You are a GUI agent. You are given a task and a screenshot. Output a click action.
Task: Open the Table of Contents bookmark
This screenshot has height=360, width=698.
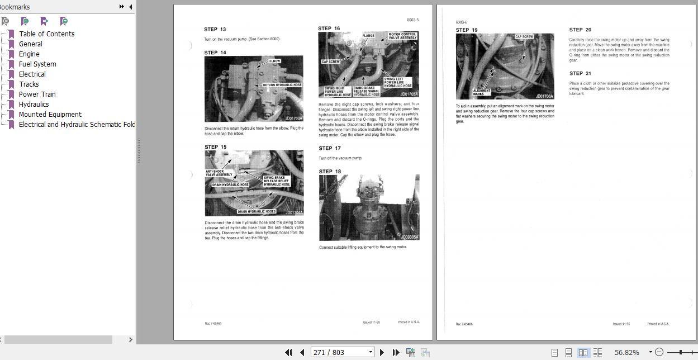tap(46, 34)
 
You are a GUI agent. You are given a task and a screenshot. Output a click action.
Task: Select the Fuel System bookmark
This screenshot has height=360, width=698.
tap(37, 64)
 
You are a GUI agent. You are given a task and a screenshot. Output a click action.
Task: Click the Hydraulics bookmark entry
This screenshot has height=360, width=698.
tap(34, 104)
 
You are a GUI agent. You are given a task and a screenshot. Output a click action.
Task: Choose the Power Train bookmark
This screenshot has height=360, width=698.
tap(37, 94)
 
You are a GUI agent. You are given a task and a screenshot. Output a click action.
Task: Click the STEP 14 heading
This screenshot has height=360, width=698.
tap(215, 53)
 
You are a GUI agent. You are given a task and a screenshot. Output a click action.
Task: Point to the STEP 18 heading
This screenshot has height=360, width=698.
tap(330, 172)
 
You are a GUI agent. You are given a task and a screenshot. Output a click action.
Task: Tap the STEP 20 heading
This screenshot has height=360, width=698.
tap(580, 30)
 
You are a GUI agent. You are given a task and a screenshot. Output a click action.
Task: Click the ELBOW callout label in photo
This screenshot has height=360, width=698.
tap(274, 61)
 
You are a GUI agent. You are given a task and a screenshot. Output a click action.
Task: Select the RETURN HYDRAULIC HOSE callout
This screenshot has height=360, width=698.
tap(282, 85)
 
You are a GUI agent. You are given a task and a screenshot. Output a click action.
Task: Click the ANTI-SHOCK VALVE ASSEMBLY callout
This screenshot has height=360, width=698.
tap(219, 173)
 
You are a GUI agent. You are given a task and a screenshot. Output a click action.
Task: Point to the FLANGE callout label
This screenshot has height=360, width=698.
tap(368, 36)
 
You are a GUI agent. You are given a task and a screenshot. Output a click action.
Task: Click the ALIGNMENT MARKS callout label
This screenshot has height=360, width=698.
tap(482, 92)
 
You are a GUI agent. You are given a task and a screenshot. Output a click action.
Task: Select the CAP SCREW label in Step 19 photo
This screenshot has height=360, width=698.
tap(524, 37)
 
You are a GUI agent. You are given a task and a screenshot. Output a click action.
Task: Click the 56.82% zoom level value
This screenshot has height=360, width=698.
tap(626, 352)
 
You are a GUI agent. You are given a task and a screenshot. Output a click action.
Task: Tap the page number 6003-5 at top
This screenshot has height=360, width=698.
tap(412, 20)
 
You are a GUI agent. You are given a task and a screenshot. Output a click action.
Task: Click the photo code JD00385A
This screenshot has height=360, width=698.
tap(409, 237)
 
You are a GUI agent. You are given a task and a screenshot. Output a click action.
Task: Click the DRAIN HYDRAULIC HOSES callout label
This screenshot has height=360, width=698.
tap(257, 211)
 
